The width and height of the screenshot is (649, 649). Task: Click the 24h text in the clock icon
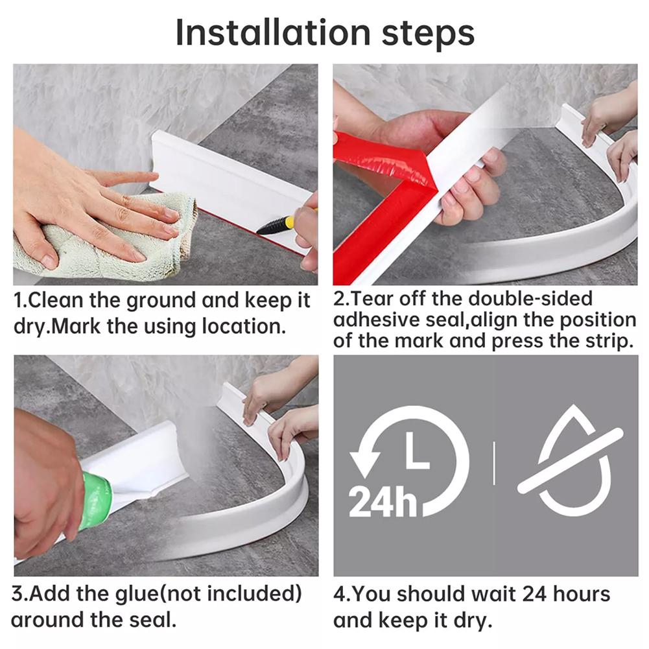point(383,501)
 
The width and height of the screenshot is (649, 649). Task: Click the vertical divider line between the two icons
point(493,463)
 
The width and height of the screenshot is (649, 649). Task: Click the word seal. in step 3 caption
point(149,619)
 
